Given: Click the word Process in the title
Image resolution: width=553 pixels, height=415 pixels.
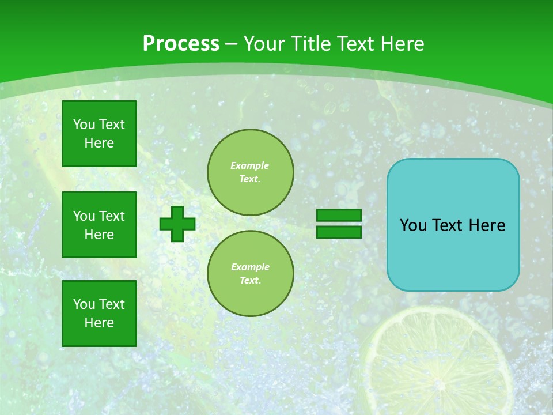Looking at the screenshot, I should pos(181,44).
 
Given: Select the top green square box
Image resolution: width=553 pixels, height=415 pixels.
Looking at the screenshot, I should pos(99,134).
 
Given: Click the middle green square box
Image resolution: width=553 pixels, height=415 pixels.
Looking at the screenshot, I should pos(99,225).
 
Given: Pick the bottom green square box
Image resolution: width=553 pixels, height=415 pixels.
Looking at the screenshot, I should pos(99,313).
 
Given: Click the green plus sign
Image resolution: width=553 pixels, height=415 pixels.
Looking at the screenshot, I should pos(177,224).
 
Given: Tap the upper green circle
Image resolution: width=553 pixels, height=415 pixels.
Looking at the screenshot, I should pos(250,172).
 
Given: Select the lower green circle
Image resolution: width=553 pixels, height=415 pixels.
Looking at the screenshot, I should pos(250,273).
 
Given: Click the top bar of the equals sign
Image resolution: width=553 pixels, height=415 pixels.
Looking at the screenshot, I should pos(339,216).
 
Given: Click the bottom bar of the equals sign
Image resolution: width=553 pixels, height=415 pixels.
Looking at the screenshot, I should pos(339,232).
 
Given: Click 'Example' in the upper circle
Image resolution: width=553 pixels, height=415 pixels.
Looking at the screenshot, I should pos(249,165).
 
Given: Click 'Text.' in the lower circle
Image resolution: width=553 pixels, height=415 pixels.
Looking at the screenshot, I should pos(250,281).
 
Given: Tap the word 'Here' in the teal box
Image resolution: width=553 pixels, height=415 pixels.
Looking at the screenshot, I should pos(487,225).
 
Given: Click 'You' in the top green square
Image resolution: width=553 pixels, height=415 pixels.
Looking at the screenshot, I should pos(84,124).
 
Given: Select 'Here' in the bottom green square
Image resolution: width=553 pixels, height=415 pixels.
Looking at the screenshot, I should pos(99,323).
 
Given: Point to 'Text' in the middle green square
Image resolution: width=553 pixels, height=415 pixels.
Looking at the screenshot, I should pos(111,216).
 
